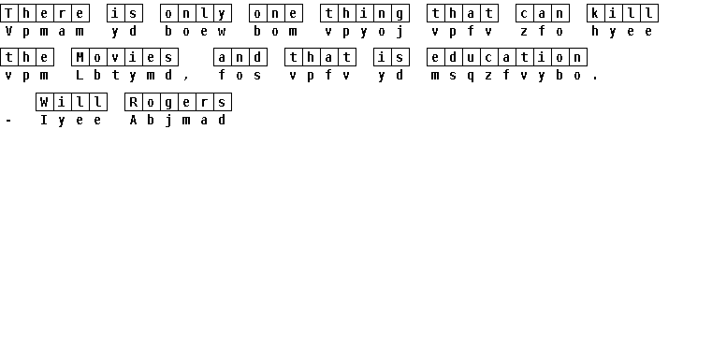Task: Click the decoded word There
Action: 45,13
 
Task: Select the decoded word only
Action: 196,13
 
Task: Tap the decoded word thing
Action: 365,13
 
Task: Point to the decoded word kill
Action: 622,13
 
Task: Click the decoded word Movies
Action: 124,57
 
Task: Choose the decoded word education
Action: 507,57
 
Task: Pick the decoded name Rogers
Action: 178,102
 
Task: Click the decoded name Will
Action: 72,102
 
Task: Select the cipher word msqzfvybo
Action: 507,76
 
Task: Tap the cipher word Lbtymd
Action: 124,76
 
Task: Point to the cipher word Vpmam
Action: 44,31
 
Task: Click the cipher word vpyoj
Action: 364,32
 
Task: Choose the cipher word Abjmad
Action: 178,121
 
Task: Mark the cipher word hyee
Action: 621,31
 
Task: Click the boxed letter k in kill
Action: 595,13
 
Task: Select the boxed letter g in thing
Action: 400,13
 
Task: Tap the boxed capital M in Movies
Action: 80,57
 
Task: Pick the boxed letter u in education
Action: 472,57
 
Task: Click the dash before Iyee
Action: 8,121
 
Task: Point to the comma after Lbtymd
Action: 186,79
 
